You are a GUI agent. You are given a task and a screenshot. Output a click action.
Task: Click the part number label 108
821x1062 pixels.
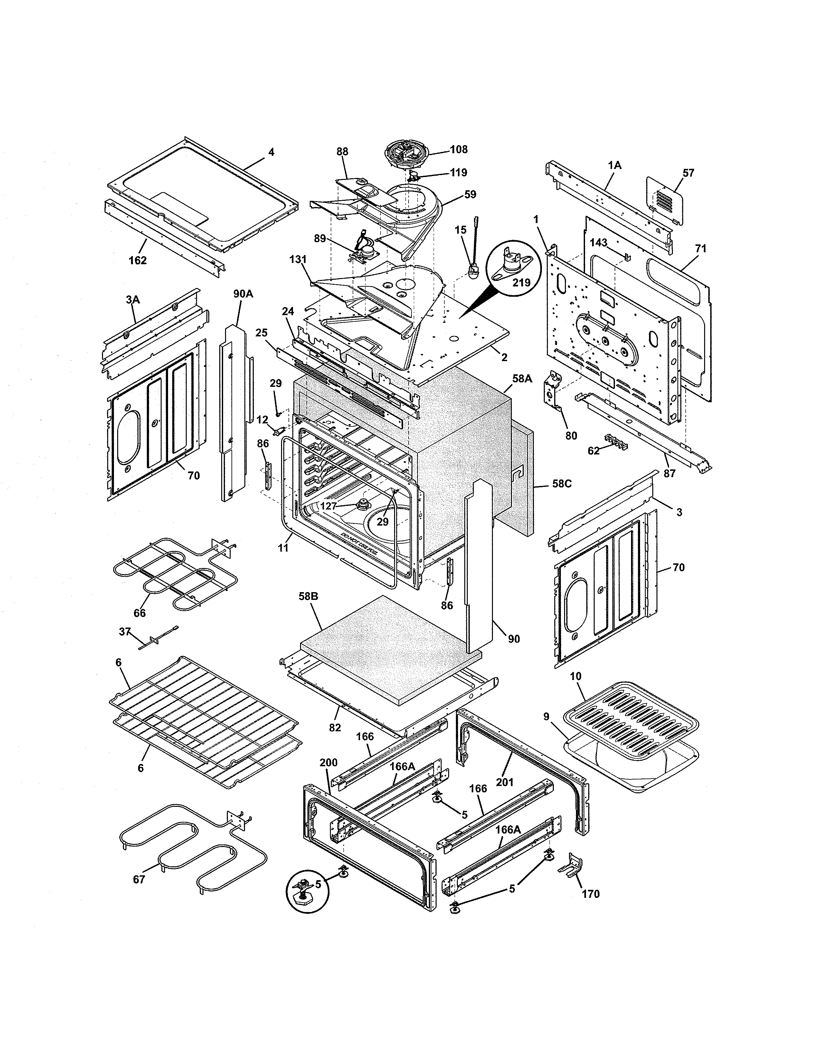[459, 149]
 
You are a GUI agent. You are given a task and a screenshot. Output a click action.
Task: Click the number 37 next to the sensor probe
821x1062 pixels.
[125, 632]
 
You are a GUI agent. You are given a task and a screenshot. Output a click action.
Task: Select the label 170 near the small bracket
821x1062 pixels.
[590, 894]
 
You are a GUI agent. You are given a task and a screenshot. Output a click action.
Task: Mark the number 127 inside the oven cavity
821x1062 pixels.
[329, 506]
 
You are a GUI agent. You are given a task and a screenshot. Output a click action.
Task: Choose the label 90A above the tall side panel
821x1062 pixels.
[243, 294]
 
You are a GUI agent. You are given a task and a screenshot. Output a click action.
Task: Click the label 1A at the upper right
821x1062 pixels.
[614, 165]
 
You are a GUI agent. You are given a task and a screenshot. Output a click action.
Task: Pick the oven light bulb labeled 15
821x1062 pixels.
[472, 270]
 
